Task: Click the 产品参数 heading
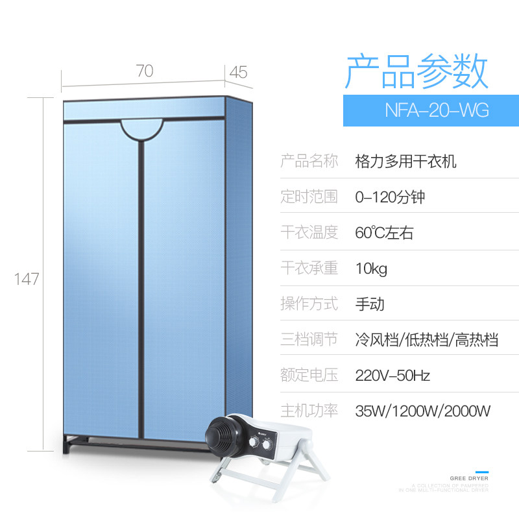[416, 71]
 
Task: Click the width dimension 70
[145, 71]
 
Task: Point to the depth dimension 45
[238, 72]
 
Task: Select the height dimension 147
[27, 279]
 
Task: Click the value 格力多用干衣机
[406, 161]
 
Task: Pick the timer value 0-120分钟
[390, 197]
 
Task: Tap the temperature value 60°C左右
[384, 232]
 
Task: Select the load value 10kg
[371, 268]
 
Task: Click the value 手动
[370, 304]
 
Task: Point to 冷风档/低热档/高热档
[426, 339]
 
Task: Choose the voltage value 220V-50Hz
[392, 375]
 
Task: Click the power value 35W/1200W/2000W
[422, 411]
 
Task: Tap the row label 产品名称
[309, 161]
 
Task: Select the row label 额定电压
[309, 375]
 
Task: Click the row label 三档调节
[309, 339]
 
